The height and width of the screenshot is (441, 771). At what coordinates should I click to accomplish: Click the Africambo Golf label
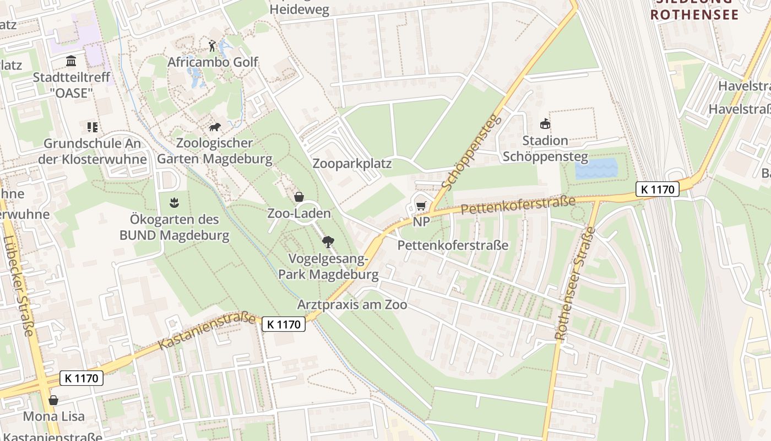tap(213, 62)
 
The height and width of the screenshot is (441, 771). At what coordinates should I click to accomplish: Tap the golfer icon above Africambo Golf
tap(213, 45)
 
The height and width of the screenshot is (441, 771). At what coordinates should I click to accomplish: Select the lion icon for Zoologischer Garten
tap(215, 127)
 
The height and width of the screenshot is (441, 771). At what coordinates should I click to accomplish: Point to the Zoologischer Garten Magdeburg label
tap(215, 151)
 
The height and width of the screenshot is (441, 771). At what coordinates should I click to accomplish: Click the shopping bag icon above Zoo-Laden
tap(299, 197)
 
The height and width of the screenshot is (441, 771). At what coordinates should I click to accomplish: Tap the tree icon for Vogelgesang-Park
tap(328, 241)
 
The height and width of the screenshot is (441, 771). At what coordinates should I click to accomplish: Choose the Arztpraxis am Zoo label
tap(352, 304)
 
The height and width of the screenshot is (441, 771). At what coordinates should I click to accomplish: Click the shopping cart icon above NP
tap(421, 206)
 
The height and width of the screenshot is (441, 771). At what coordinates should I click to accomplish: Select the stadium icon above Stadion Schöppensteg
tap(545, 124)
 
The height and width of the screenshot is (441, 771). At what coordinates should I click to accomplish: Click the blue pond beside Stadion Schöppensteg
tap(596, 168)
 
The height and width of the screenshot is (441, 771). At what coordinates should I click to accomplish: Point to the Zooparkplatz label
tap(352, 164)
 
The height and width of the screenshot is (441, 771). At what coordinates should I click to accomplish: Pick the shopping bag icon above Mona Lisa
tap(53, 400)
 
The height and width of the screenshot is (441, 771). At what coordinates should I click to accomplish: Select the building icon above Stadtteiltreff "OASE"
tap(71, 61)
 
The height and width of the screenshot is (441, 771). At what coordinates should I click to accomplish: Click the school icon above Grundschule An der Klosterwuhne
tap(92, 127)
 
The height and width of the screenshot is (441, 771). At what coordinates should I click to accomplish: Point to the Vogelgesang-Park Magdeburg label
tap(328, 266)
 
